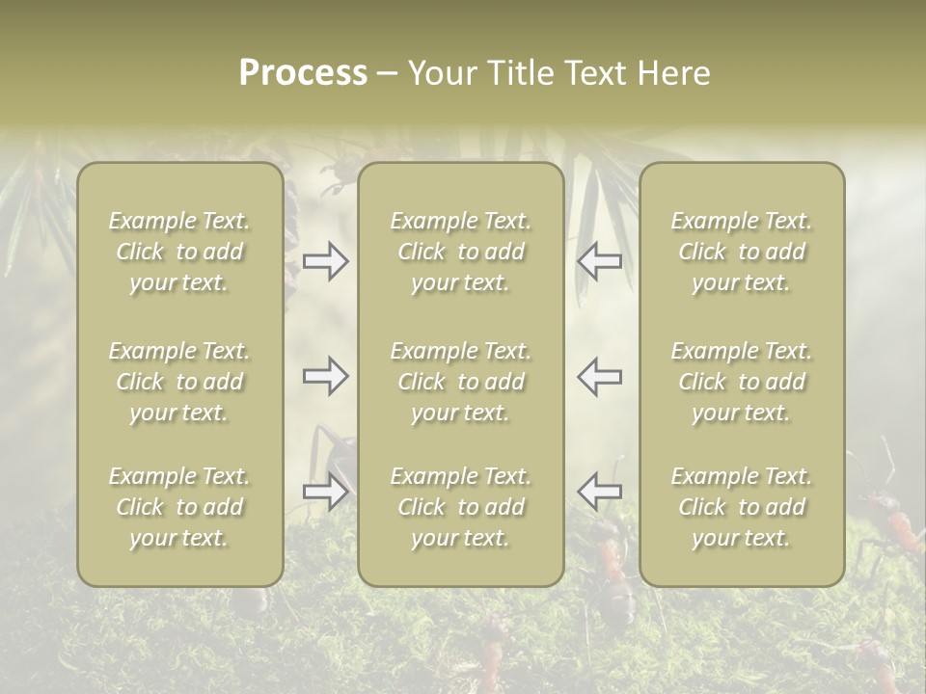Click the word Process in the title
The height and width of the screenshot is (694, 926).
pyautogui.click(x=303, y=73)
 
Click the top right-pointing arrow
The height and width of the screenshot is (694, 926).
pyautogui.click(x=326, y=261)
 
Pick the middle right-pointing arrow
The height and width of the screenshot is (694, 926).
pyautogui.click(x=326, y=376)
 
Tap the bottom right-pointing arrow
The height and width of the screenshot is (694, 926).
pyautogui.click(x=326, y=492)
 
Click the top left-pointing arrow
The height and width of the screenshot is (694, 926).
pyautogui.click(x=599, y=261)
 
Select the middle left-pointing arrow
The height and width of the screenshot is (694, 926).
pyautogui.click(x=599, y=376)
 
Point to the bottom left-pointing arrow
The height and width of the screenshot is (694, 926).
pyautogui.click(x=599, y=492)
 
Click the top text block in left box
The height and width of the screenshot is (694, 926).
pyautogui.click(x=179, y=252)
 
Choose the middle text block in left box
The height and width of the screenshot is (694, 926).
pyautogui.click(x=179, y=382)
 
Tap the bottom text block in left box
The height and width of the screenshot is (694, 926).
pyautogui.click(x=179, y=507)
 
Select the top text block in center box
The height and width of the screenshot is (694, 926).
pyautogui.click(x=460, y=252)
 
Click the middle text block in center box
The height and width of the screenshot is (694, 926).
pyautogui.click(x=460, y=382)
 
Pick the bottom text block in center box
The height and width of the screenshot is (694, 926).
pyautogui.click(x=460, y=507)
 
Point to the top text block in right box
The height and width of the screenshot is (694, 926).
pyautogui.click(x=741, y=252)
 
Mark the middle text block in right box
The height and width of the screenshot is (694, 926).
pyautogui.click(x=741, y=382)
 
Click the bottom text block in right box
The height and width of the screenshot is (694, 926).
pyautogui.click(x=741, y=507)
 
